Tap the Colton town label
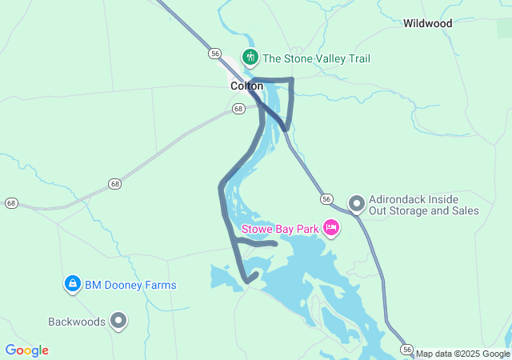coord(246,86)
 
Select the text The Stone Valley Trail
coord(316,58)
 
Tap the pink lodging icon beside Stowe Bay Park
coord(331,229)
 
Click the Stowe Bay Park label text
coord(279,229)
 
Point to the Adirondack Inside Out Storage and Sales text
coord(424,205)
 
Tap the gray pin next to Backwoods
coord(119,322)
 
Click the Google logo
coord(26,350)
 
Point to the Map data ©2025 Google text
coord(462,354)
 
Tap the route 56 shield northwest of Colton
coord(214,53)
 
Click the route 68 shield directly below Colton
coord(238,109)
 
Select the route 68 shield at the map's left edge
coord(11,203)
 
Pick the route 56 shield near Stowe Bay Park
coord(326,198)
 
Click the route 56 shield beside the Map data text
coord(407,350)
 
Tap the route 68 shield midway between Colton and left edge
coord(116,184)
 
